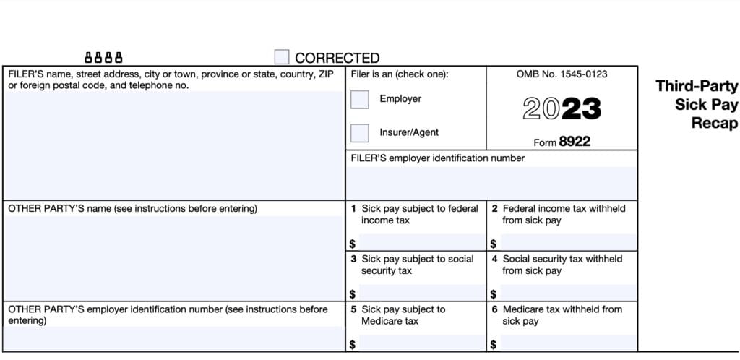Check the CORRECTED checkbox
tap(282, 57)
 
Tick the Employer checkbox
tap(360, 99)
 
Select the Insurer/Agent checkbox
tap(360, 133)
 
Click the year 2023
tap(562, 108)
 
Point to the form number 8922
tap(575, 142)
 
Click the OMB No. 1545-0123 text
tap(562, 74)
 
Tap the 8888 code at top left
tap(104, 57)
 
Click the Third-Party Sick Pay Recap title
tap(697, 105)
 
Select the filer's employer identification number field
tap(491, 182)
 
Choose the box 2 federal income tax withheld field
tap(568, 242)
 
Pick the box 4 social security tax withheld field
tap(568, 293)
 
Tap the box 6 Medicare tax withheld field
tap(568, 343)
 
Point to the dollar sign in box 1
tap(352, 244)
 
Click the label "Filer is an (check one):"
tap(400, 74)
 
